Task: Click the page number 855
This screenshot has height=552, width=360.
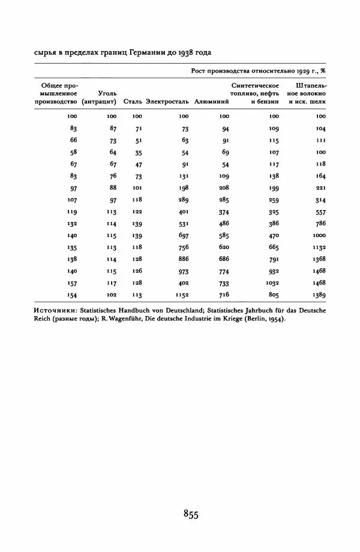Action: click(191, 514)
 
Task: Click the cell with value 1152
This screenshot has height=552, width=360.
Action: click(182, 295)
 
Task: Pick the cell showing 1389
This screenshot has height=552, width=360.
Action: click(318, 295)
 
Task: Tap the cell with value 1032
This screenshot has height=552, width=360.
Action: click(272, 283)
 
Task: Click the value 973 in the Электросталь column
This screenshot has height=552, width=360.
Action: click(183, 271)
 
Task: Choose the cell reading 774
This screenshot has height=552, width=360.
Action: click(224, 271)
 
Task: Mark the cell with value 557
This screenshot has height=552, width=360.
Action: click(320, 212)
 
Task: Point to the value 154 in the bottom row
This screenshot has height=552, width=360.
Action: click(72, 295)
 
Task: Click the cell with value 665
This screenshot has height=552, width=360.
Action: click(274, 247)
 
